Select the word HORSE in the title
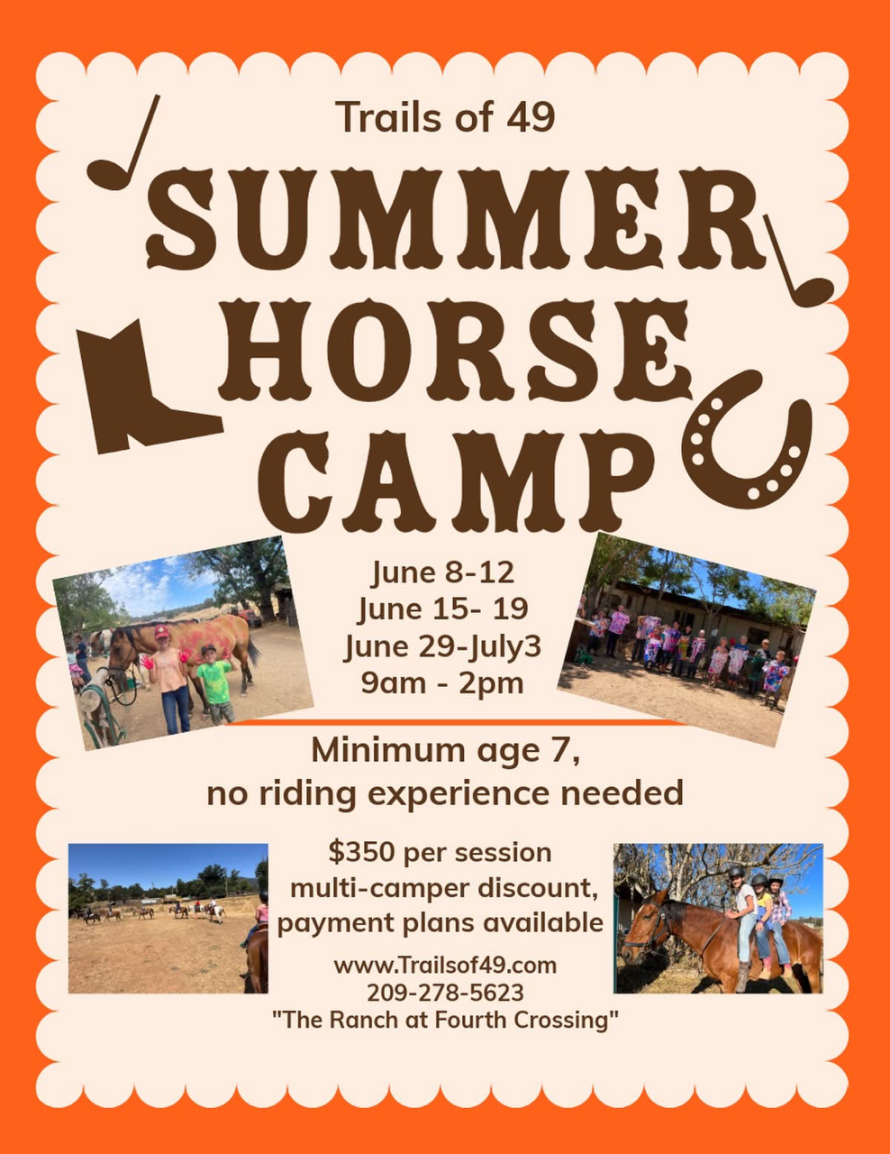[455, 352]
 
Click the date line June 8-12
[443, 572]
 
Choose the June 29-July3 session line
[443, 646]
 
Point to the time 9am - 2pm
[443, 683]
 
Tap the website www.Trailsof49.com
[445, 965]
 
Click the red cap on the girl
[162, 632]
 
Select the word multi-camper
[376, 890]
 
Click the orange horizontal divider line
[456, 722]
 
